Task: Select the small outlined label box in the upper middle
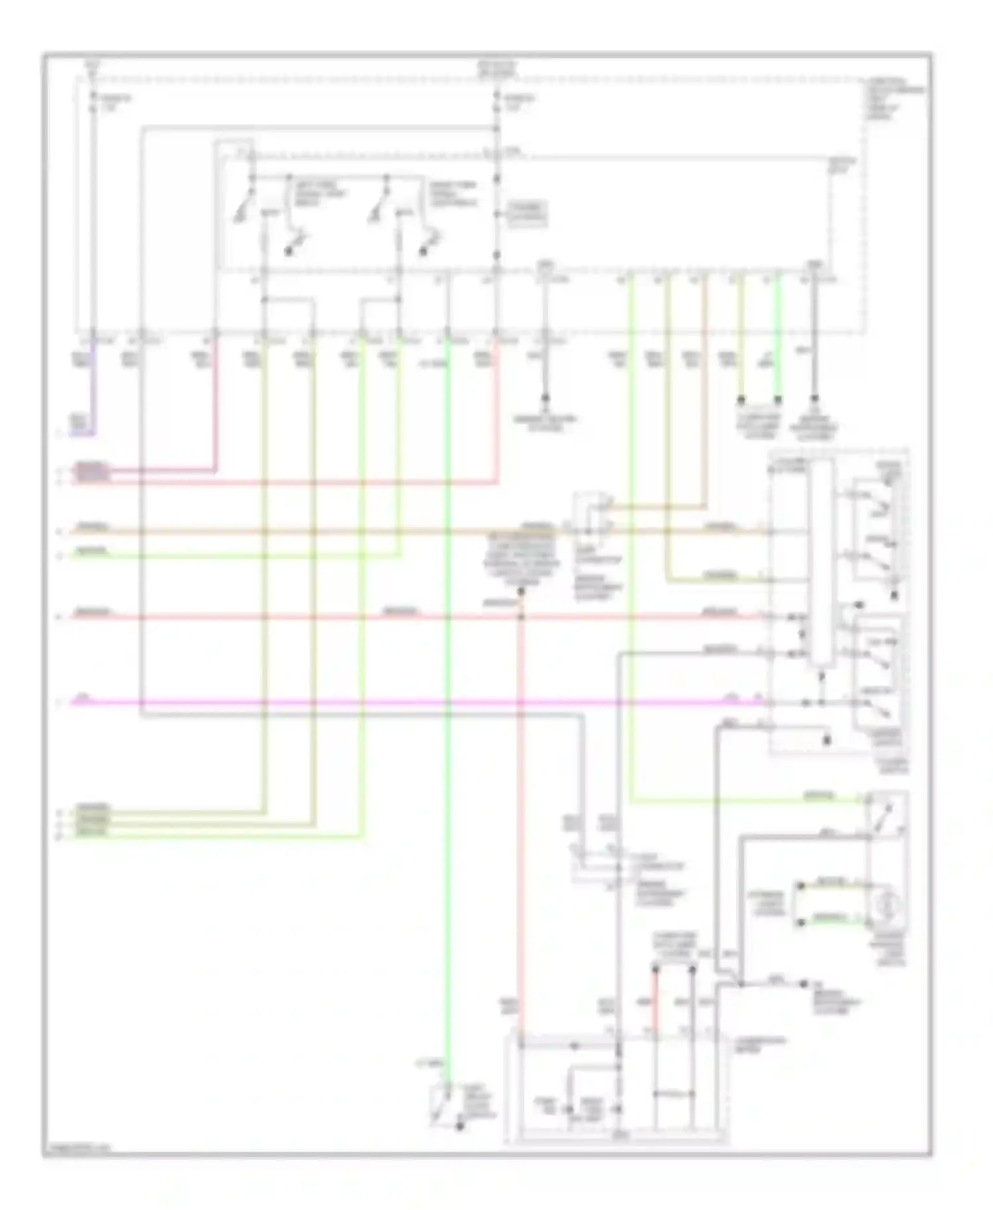pyautogui.click(x=527, y=213)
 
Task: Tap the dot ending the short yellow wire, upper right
pyautogui.click(x=741, y=400)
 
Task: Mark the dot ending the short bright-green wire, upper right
pyautogui.click(x=778, y=400)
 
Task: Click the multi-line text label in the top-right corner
pyautogui.click(x=894, y=99)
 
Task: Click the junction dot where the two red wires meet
pyautogui.click(x=520, y=617)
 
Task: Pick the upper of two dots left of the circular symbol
pyautogui.click(x=801, y=886)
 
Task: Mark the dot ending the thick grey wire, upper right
pyautogui.click(x=814, y=400)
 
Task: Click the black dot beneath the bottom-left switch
pyautogui.click(x=459, y=1125)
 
